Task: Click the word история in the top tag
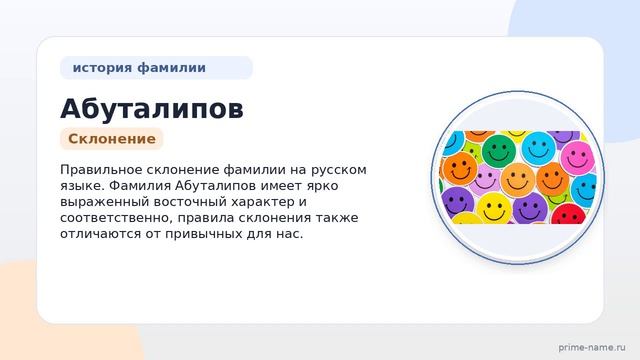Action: (102, 68)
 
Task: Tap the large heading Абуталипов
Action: (152, 109)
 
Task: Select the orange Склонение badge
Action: (112, 139)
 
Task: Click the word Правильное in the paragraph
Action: (101, 170)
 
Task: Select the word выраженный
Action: (105, 202)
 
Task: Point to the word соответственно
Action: (116, 218)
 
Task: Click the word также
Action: (337, 218)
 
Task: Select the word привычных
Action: (203, 234)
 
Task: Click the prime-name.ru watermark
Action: (592, 348)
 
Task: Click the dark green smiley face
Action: (499, 150)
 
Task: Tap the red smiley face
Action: (569, 214)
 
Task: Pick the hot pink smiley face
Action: (577, 158)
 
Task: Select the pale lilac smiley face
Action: (485, 180)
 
